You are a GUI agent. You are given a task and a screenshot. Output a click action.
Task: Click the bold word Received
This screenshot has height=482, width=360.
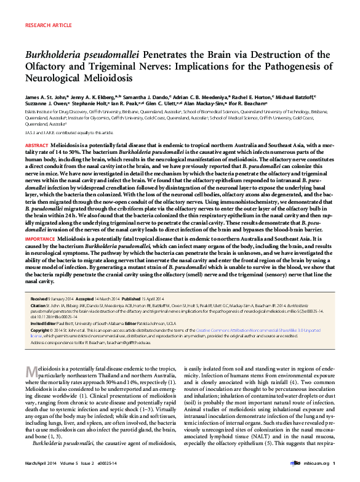pos(40,297)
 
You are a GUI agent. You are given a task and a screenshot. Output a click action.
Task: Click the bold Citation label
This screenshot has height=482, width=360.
pos(38,304)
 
